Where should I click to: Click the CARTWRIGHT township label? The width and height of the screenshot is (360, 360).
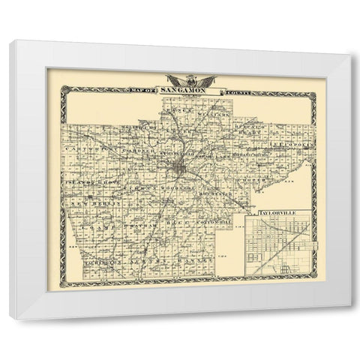coord(88,136)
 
